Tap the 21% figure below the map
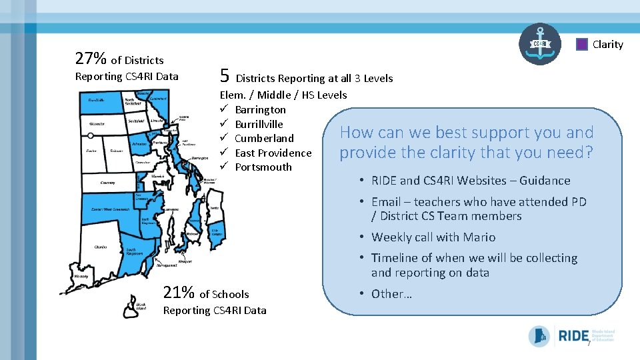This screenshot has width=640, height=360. [179, 292]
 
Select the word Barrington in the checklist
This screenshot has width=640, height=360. [260, 110]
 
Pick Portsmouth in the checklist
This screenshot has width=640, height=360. [263, 167]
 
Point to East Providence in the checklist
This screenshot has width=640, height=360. [273, 153]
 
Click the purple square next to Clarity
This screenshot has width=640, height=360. [581, 45]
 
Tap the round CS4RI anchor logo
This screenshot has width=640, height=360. [540, 44]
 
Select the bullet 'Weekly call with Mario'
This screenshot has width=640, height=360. [433, 237]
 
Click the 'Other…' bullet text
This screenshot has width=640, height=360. [391, 294]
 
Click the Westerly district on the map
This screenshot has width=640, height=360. [83, 275]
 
